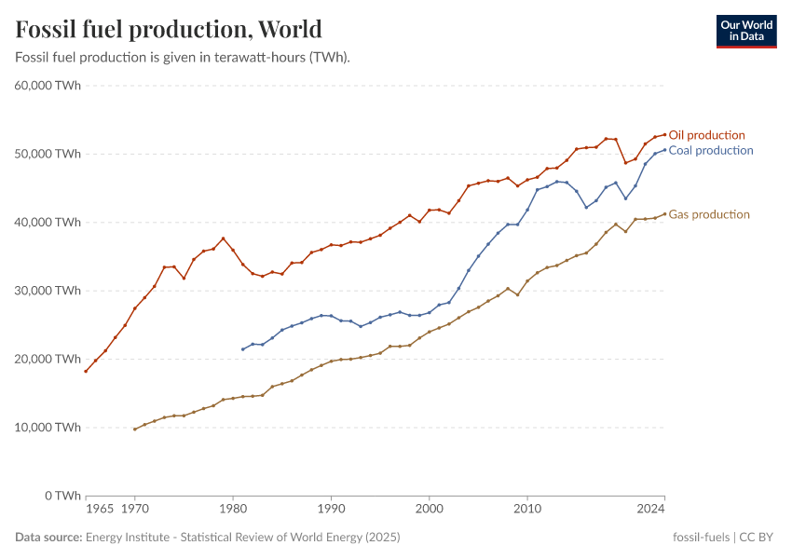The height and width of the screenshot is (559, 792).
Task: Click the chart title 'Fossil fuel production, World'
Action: pos(169,29)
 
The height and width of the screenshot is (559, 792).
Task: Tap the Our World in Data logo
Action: pos(745,31)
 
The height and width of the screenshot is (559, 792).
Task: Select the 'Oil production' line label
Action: pos(706,135)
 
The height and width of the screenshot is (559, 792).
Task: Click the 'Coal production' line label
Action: pos(710,150)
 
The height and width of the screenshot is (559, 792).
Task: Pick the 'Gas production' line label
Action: pos(708,214)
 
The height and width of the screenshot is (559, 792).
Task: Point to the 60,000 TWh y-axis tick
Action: pos(48,86)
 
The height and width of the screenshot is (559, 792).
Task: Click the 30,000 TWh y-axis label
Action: pos(48,291)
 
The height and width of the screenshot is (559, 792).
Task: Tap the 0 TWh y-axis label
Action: pos(61,496)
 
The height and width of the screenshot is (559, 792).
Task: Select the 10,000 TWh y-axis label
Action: pos(48,428)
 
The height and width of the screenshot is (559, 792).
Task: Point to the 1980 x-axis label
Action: pos(233,510)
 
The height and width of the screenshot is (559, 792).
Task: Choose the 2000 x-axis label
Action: pos(429,510)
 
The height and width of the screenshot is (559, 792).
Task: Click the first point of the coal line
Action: pos(242,349)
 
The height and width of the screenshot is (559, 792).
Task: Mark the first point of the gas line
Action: pos(135,429)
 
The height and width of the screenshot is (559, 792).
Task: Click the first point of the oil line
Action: pos(86,371)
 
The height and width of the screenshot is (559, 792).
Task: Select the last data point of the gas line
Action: pos(664,213)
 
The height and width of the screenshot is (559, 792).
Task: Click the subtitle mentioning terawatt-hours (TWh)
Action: pos(183,57)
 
